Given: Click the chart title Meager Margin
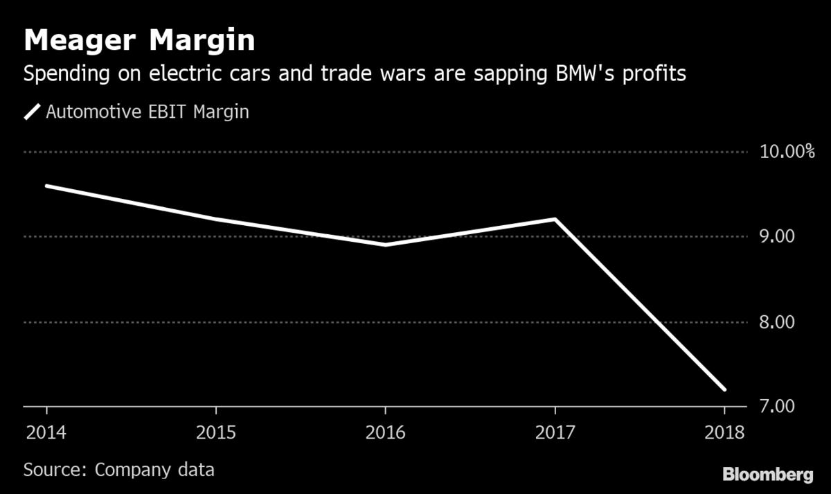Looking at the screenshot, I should (x=138, y=41).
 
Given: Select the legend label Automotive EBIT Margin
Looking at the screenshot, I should (x=147, y=112).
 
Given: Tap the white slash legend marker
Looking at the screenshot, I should (x=33, y=112).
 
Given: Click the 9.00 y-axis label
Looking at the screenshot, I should (x=776, y=237).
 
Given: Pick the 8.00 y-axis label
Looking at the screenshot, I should (x=776, y=322).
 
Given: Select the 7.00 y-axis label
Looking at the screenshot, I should (x=776, y=407).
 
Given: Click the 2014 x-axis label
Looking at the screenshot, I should (x=46, y=433).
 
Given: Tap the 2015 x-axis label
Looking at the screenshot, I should (x=216, y=433).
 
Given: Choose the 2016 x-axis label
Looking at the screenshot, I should (x=386, y=433).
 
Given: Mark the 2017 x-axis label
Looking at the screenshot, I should (x=555, y=433).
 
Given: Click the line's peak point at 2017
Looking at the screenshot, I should (x=555, y=219).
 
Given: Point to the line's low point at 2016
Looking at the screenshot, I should (x=386, y=245).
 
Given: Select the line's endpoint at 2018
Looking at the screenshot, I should (x=724, y=389).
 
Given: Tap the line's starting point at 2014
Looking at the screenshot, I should (x=46, y=186).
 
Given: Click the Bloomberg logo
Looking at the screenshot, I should (x=767, y=475).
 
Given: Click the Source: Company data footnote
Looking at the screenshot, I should (x=118, y=469).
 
